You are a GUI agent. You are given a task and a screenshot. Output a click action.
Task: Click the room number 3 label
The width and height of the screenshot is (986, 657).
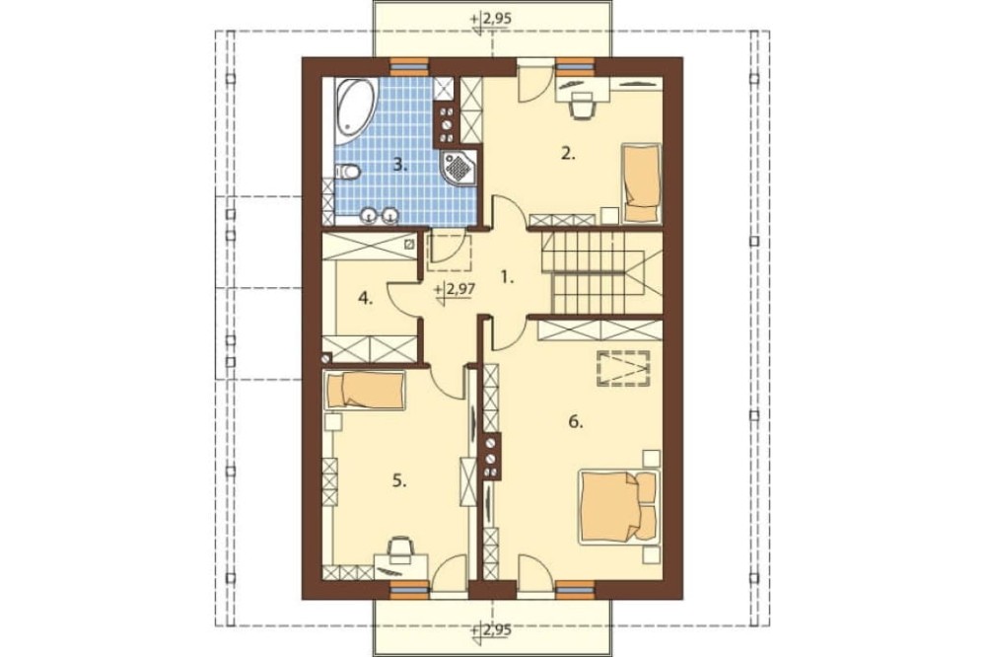tap(400, 166)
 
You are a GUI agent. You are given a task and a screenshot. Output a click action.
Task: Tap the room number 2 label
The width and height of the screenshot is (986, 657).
tap(568, 153)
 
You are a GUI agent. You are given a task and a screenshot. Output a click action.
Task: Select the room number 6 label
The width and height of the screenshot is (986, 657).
tap(576, 421)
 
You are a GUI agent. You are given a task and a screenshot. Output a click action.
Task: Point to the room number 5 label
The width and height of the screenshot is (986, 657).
tap(399, 481)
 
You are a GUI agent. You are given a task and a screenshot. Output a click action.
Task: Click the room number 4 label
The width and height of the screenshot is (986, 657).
tap(366, 298)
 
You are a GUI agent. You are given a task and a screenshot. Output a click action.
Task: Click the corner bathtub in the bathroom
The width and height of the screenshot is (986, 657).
tap(355, 109)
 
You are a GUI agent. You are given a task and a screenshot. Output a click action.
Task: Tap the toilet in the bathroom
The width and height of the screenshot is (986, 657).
tap(347, 172)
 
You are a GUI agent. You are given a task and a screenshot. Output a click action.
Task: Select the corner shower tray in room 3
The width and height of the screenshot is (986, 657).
tap(459, 168)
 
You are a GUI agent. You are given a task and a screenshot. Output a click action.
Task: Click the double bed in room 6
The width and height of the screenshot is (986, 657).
tap(619, 507)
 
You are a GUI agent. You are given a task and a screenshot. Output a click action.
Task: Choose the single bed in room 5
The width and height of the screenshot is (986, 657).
tap(365, 391)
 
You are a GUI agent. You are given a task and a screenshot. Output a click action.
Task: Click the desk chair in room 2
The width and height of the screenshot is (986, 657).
tap(583, 106)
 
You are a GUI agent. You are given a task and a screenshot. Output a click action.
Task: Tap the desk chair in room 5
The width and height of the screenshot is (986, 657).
tap(400, 548)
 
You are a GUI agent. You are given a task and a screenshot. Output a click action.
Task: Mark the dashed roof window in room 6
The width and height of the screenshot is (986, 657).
tap(623, 366)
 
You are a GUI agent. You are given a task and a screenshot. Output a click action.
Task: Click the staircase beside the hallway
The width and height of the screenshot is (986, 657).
tap(601, 272)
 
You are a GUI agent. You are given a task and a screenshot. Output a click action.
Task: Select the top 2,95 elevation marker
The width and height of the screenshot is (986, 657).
tap(490, 20)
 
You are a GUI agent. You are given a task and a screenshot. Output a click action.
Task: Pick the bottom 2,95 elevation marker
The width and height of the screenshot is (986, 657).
tap(490, 630)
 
